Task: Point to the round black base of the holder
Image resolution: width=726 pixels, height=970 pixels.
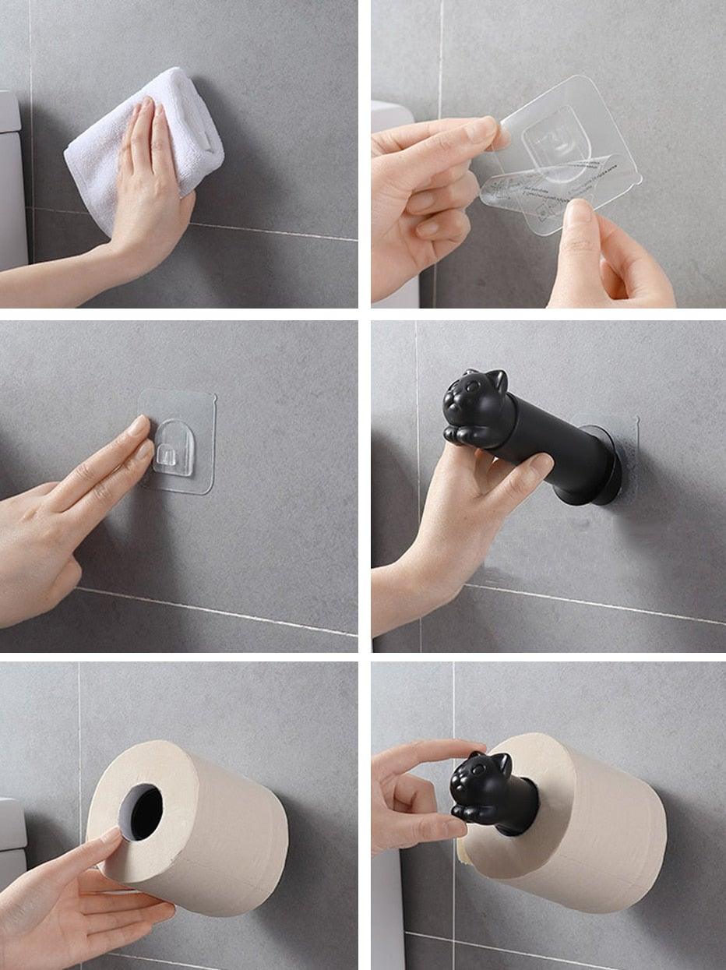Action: pyautogui.click(x=608, y=466)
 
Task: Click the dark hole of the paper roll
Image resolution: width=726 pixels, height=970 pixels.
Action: pyautogui.click(x=142, y=811)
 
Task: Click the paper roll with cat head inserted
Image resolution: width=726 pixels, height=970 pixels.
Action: pyautogui.click(x=592, y=826)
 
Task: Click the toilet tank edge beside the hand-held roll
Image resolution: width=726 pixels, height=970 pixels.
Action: pyautogui.click(x=11, y=834)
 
